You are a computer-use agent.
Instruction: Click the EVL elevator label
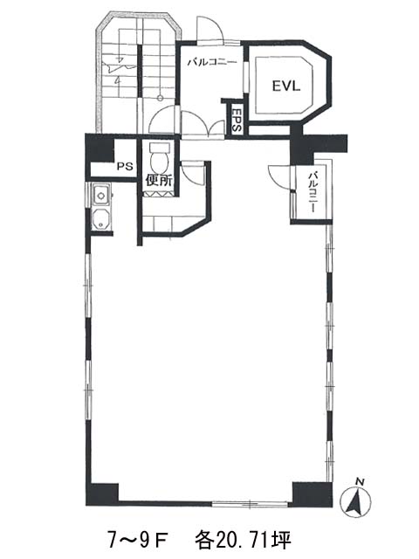pyautogui.click(x=286, y=86)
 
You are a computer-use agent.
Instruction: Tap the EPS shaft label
pyautogui.click(x=237, y=120)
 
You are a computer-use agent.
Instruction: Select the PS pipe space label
pyautogui.click(x=125, y=166)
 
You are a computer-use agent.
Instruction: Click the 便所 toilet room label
pyautogui.click(x=159, y=181)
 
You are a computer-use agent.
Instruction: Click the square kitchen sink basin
pyautogui.click(x=101, y=196)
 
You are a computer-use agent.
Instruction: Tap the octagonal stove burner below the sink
pyautogui.click(x=101, y=219)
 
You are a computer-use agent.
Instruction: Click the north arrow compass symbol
pyautogui.click(x=355, y=503)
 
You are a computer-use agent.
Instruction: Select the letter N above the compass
pyautogui.click(x=360, y=482)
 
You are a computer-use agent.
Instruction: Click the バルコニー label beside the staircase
pyautogui.click(x=212, y=62)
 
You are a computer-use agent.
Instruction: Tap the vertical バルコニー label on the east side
pyautogui.click(x=313, y=192)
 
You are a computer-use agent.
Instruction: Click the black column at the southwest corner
pyautogui.click(x=102, y=494)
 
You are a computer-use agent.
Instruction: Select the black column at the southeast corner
pyautogui.click(x=313, y=494)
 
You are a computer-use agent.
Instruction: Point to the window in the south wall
pyautogui.click(x=251, y=504)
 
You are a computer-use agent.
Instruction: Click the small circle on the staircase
pyautogui.click(x=161, y=97)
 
